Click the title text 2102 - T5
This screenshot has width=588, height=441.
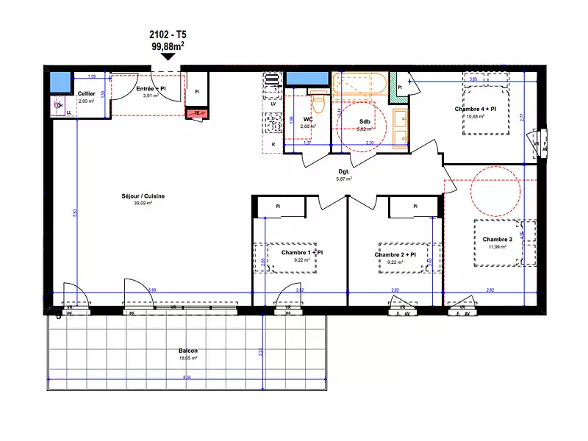point(168,35)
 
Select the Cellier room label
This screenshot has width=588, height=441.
point(86,93)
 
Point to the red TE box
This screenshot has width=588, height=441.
point(196,113)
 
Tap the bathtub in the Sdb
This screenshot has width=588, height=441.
point(359,84)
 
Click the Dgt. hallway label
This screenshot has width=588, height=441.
point(343,171)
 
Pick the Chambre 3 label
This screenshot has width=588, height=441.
point(497,240)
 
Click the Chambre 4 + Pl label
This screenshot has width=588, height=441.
point(476,109)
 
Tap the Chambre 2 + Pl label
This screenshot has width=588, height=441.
point(395,254)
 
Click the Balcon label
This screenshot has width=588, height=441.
point(187,351)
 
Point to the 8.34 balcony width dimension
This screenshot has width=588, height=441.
point(188,378)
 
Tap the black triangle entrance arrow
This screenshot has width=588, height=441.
point(168,57)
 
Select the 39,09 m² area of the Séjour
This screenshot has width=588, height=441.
point(143,204)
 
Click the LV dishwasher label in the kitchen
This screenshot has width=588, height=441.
point(273,104)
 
